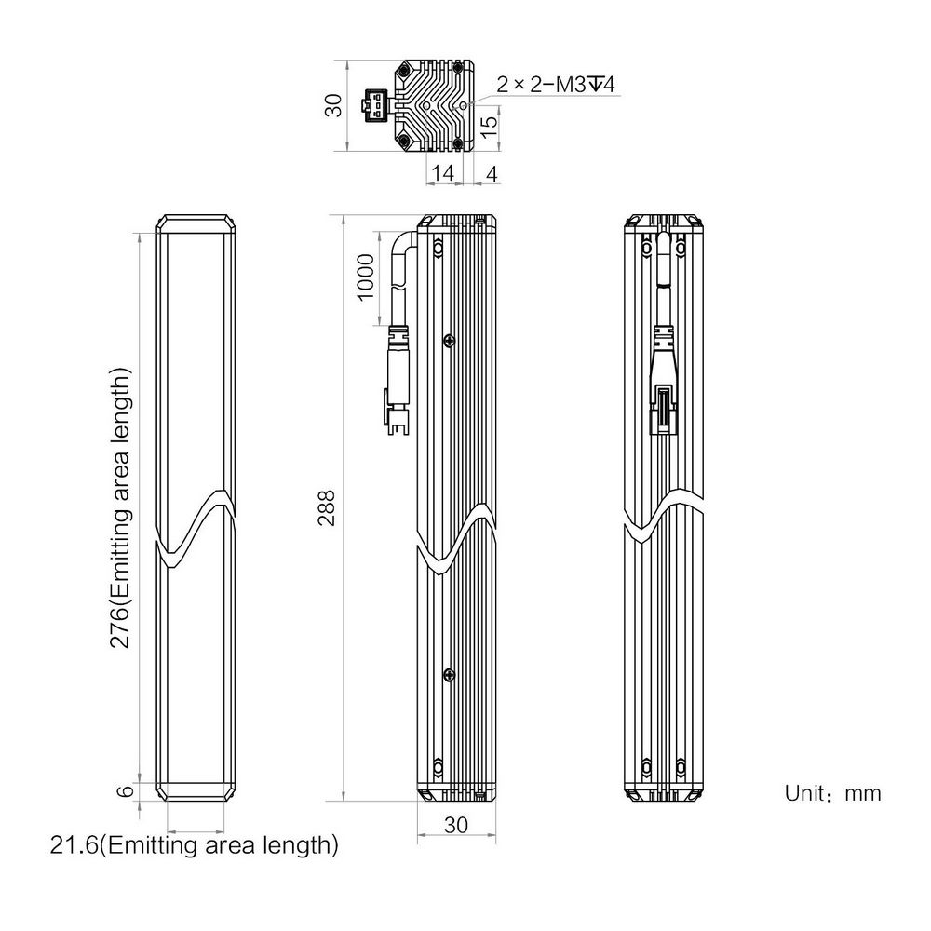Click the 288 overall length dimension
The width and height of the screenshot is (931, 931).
point(327,507)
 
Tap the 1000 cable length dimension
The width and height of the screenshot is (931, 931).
point(366,277)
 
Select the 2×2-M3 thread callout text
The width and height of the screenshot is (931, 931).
point(556,85)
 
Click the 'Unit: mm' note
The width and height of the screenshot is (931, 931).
point(832,793)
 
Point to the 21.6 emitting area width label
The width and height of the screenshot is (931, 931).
point(195,844)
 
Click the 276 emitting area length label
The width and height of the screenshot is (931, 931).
point(120,508)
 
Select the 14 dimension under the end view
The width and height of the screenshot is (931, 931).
point(443,173)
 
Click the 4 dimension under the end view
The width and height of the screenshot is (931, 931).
point(492,174)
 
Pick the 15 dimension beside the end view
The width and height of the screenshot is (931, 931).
point(488,126)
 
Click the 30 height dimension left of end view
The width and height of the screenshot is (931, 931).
point(334,105)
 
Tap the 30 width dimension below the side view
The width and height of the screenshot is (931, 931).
point(456,825)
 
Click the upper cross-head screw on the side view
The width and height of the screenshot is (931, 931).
point(450,340)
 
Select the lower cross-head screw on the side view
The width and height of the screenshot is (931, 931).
point(450,674)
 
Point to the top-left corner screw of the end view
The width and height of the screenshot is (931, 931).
point(404,72)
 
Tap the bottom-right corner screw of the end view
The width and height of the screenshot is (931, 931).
point(458,142)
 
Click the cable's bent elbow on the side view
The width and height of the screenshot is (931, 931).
point(403,242)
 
